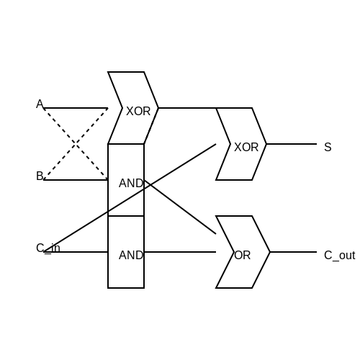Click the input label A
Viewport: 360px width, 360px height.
pyautogui.click(x=40, y=104)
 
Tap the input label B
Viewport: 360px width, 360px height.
pyautogui.click(x=40, y=176)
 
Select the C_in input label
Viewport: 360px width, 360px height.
pyautogui.click(x=48, y=248)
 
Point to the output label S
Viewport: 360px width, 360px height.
pyautogui.click(x=328, y=147)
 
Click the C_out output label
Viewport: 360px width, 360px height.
pyautogui.click(x=339, y=256)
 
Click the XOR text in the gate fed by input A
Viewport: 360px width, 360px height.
pyautogui.click(x=138, y=112)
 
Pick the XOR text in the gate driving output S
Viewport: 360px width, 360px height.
pyautogui.click(x=246, y=148)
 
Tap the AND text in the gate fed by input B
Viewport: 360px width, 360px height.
pyautogui.click(x=131, y=184)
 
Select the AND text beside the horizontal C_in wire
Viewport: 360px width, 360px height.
pyautogui.click(x=131, y=256)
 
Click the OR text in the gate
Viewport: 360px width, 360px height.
pyautogui.click(x=243, y=256)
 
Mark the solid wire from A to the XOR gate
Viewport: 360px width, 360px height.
pyautogui.click(x=76, y=108)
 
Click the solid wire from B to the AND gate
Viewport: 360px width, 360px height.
pyautogui.click(x=76, y=180)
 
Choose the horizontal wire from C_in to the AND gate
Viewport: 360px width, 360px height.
pyautogui.click(x=76, y=252)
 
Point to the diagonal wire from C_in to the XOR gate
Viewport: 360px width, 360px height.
pyautogui.click(x=130, y=198)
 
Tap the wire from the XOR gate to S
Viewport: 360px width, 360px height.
pyautogui.click(x=292, y=144)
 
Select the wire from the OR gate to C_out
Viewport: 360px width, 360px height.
pyautogui.click(x=293, y=252)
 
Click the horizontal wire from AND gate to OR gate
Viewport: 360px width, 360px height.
pyautogui.click(x=180, y=252)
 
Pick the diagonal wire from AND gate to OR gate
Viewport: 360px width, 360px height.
pyautogui.click(x=180, y=207)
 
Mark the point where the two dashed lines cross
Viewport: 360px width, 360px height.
pyautogui.click(x=76, y=144)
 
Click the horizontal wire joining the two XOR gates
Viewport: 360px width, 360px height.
pyautogui.click(x=187, y=108)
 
